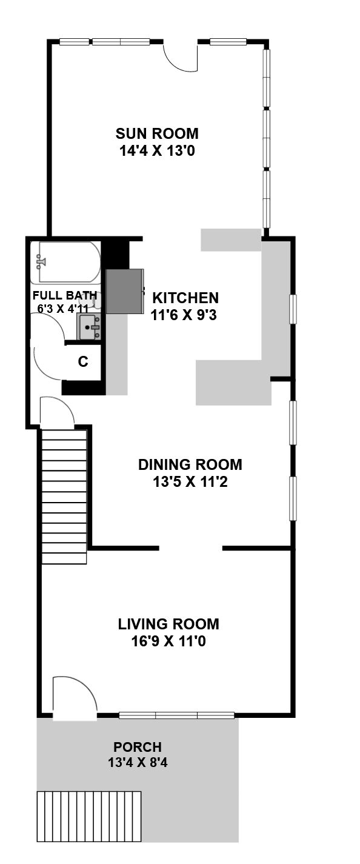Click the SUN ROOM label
pos(157,133)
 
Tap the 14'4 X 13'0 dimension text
pos(157,150)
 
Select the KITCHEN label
pos(185,298)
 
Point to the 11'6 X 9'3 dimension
pos(184,315)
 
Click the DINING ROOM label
pos(190,464)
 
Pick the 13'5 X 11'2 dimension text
pos(190,482)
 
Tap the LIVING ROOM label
pos(168,624)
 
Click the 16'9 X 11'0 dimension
pos(168,641)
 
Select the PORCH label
pos(138,747)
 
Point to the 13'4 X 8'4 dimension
pos(138,763)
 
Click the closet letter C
pos(83,362)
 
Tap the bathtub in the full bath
pos(69,263)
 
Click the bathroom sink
pos(90,326)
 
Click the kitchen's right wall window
pos(293,309)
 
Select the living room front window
pos(177,715)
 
